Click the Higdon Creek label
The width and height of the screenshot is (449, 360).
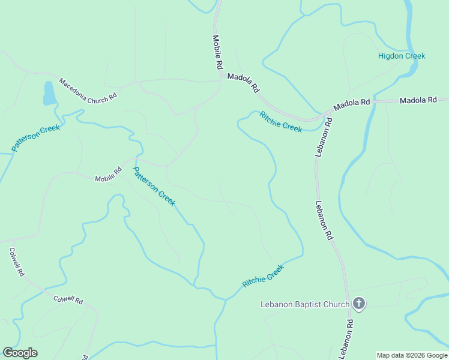(401, 56)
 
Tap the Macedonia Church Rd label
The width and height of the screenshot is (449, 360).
(87, 91)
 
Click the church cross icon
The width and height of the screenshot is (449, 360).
(358, 304)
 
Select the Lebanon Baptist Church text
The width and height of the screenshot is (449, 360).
(305, 304)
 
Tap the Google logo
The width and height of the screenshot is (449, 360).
(20, 353)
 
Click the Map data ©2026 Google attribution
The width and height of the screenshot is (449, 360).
(412, 355)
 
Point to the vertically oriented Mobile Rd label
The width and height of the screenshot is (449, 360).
(217, 52)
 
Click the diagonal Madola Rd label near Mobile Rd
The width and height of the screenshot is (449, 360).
(243, 83)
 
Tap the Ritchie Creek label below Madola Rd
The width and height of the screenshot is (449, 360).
(280, 122)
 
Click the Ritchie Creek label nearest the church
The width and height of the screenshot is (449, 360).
(262, 275)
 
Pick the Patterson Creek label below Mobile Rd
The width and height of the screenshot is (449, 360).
(154, 186)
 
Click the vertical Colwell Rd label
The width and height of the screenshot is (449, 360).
(17, 262)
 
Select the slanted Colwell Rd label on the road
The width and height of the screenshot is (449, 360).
(68, 300)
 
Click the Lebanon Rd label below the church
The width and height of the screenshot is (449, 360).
(346, 338)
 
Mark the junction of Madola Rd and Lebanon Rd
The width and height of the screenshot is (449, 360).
(331, 111)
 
